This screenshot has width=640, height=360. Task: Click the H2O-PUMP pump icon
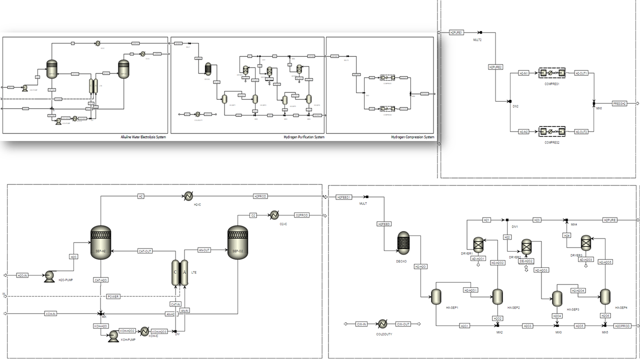tap(49, 276)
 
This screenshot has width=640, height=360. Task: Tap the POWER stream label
tap(113, 296)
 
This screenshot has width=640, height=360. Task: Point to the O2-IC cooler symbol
tap(274, 215)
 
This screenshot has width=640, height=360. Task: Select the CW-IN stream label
tap(361, 324)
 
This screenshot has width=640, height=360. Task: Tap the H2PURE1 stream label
tap(456, 32)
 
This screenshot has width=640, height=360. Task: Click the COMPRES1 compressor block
tap(551, 73)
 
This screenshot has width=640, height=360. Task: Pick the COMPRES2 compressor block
tap(551, 132)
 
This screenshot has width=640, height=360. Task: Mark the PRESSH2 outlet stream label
tap(619, 103)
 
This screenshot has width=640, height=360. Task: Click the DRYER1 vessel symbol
tap(478, 244)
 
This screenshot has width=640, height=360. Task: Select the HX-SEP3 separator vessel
tap(557, 298)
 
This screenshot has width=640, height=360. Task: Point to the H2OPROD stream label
tap(622, 326)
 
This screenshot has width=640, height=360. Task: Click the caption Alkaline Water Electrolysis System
tap(143, 137)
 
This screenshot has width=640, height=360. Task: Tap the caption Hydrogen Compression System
tap(412, 137)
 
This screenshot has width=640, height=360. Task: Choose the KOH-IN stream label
tap(51, 314)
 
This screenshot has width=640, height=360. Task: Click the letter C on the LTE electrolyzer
tap(176, 272)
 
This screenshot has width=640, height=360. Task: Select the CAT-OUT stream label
tap(144, 251)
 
